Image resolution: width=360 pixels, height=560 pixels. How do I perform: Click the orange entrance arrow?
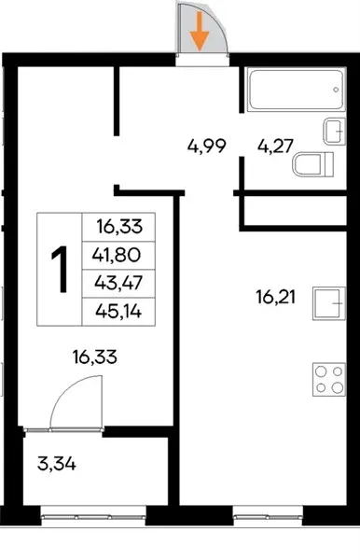pos(199,32)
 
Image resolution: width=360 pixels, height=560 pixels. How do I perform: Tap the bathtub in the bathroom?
pos(297,91)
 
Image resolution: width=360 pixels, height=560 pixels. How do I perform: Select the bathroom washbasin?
pos(335,131)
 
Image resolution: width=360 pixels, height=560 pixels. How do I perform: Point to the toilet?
pos(313,164)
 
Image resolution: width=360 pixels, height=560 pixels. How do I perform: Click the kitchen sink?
pos(329,303)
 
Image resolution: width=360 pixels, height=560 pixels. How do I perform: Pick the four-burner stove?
pos(329,379)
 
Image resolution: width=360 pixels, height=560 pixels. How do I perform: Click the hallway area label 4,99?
pos(207,147)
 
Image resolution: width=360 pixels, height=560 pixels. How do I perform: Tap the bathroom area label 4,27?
pos(275,147)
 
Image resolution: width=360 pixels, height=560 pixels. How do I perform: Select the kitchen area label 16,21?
pos(275,297)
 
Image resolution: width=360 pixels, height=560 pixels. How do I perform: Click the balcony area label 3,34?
pos(56,464)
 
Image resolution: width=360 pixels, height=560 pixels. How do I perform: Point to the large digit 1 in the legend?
pos(60,270)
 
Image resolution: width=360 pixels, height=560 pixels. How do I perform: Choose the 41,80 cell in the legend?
pos(118,256)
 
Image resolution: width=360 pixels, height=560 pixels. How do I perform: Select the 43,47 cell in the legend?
pos(118,283)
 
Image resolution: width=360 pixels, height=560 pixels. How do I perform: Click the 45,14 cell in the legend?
pos(118,312)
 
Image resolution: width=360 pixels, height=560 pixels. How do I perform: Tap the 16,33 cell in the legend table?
pos(118,227)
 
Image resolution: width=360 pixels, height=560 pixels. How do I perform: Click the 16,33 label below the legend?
pos(94,357)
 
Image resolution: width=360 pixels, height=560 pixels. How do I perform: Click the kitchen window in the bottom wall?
pos(268,516)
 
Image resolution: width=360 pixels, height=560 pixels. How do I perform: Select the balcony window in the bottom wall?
pos(93,516)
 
